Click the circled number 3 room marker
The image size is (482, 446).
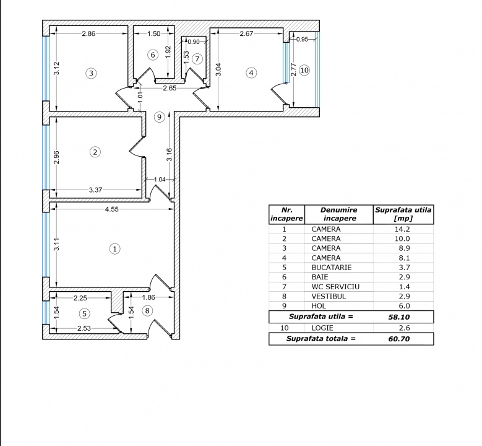(91, 73)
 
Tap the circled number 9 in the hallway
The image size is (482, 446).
(159, 117)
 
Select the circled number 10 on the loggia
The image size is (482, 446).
(304, 71)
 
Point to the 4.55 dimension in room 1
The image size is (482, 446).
(111, 209)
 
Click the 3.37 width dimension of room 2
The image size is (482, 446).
(96, 190)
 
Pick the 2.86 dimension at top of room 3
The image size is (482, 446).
(88, 33)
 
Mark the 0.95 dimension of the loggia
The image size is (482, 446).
(302, 39)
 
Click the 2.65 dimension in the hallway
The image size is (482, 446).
(170, 88)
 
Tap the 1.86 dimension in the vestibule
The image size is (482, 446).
(148, 297)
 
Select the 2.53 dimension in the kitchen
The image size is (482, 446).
(84, 328)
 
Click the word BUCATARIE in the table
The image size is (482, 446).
(332, 268)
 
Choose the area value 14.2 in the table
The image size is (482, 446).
(402, 229)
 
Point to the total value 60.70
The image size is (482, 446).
(399, 339)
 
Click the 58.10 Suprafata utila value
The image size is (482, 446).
(399, 317)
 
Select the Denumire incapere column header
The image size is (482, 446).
(339, 214)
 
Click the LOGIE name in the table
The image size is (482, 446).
(322, 328)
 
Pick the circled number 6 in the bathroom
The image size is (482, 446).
(153, 55)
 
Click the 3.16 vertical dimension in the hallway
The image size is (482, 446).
(170, 154)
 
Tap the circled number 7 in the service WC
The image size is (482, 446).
(197, 59)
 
